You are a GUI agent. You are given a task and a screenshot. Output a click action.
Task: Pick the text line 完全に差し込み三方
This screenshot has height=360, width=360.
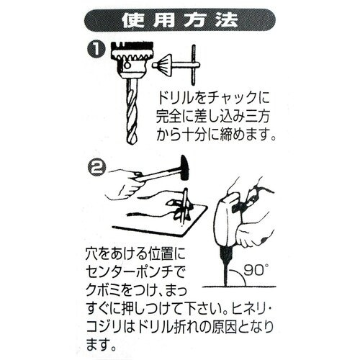click(x=215, y=116)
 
